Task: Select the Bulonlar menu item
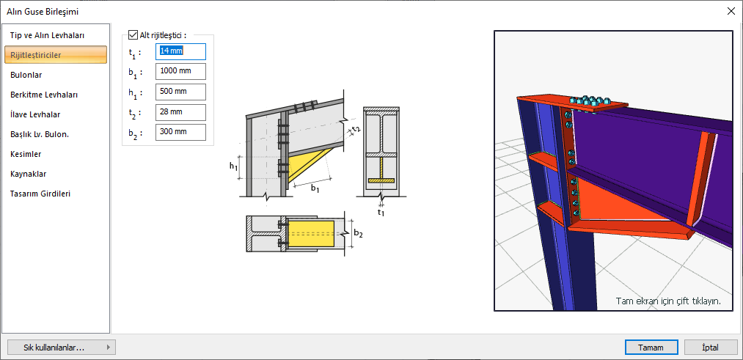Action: tap(26, 75)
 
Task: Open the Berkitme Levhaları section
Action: tap(44, 95)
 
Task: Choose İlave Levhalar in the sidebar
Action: tap(35, 114)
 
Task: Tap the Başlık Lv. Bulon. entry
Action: tap(40, 134)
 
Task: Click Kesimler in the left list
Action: tap(26, 155)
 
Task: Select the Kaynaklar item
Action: tap(29, 174)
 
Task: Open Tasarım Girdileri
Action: tap(40, 194)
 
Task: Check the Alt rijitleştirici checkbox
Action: tap(133, 35)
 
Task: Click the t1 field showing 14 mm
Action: tap(180, 51)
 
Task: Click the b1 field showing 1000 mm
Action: tap(180, 72)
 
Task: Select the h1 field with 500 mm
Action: tap(180, 92)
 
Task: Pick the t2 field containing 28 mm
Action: tap(180, 112)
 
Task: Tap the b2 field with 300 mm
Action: tap(180, 132)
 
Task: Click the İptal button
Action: tap(711, 348)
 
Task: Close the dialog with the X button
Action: tap(731, 12)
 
